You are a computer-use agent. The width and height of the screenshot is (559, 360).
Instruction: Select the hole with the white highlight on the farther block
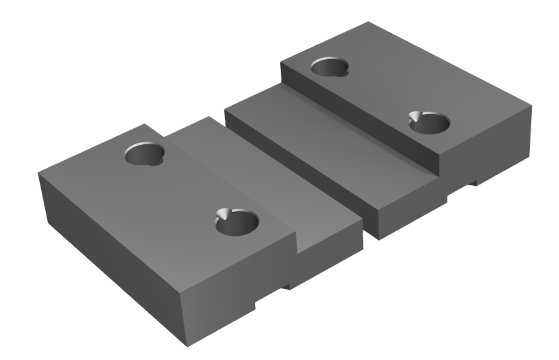click(428, 124)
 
